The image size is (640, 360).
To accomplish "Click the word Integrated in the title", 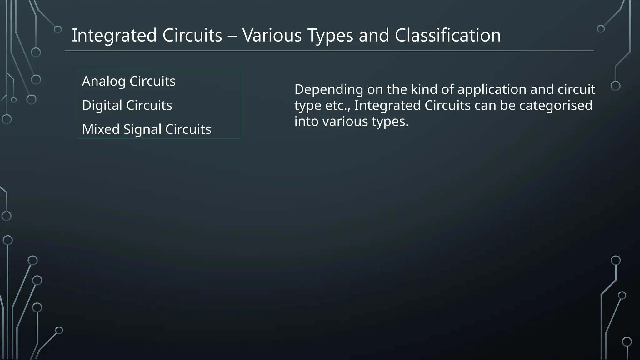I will point(114,35).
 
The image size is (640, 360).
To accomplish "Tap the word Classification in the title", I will point(447,35).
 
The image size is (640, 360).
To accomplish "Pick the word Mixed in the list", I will point(101,129).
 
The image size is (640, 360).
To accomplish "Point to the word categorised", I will point(556,105).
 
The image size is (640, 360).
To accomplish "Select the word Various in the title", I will point(272,35).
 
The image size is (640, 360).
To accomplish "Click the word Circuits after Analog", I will point(152,81).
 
